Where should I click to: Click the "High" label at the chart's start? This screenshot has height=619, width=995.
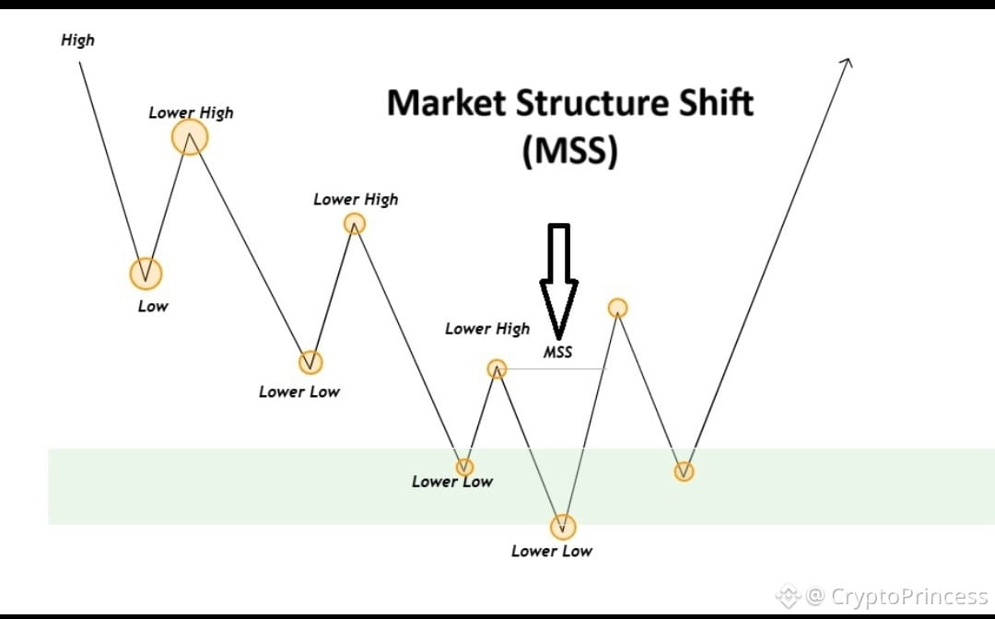pyautogui.click(x=77, y=41)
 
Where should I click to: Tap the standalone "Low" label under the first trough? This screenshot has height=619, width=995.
pyautogui.click(x=153, y=306)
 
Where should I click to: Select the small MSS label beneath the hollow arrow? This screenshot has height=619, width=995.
pyautogui.click(x=557, y=352)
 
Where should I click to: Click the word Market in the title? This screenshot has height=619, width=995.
pyautogui.click(x=446, y=102)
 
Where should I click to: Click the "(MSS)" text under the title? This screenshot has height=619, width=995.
pyautogui.click(x=569, y=150)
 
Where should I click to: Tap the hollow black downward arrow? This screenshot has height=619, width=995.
pyautogui.click(x=558, y=276)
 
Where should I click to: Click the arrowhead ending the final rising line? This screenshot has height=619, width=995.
pyautogui.click(x=848, y=62)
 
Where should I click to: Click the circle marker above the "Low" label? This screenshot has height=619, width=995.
pyautogui.click(x=145, y=273)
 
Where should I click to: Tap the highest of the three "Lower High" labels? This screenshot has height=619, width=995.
pyautogui.click(x=191, y=112)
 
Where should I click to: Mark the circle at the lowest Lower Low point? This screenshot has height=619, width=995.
pyautogui.click(x=563, y=528)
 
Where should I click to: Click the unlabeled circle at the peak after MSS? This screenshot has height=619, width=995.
pyautogui.click(x=618, y=308)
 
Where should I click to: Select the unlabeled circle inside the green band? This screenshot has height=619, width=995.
pyautogui.click(x=684, y=472)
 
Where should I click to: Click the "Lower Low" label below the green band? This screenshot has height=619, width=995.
pyautogui.click(x=552, y=551)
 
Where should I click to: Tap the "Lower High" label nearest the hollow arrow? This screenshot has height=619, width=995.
pyautogui.click(x=487, y=329)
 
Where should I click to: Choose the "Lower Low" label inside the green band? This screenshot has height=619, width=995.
pyautogui.click(x=452, y=482)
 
